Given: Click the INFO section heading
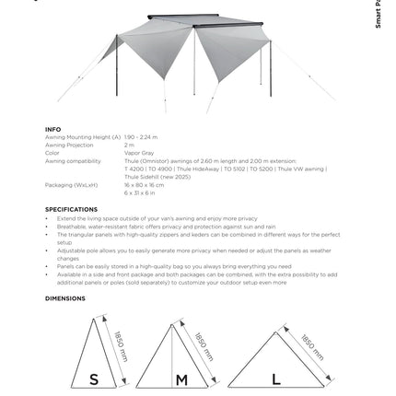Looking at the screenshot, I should click(x=52, y=130).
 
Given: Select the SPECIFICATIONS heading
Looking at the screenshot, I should click(x=71, y=209).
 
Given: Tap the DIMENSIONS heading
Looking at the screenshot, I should click(x=64, y=298).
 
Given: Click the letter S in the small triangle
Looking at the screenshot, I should click(x=94, y=379).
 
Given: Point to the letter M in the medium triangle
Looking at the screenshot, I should click(x=181, y=379).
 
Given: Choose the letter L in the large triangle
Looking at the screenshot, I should click(x=276, y=379).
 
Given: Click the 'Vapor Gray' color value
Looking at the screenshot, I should click(x=138, y=153).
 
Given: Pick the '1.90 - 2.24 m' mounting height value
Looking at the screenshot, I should click(x=141, y=137).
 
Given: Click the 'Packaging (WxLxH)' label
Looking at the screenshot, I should click(x=71, y=185).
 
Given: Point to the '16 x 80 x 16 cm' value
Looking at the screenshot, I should click(x=144, y=185).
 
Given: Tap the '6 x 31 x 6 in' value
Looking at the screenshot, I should click(x=141, y=192).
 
